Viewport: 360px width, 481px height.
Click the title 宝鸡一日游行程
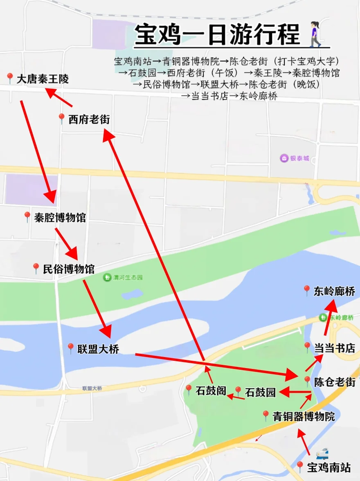pyautogui.click(x=217, y=35)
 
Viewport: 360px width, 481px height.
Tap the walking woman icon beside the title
pyautogui.click(x=315, y=34)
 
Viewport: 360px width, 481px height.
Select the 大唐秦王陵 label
pyautogui.click(x=42, y=79)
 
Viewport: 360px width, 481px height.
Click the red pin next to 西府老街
pyautogui.click(x=61, y=119)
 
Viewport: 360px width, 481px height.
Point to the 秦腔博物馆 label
pyautogui.click(x=60, y=218)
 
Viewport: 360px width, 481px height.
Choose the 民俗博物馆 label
pyautogui.click(x=68, y=269)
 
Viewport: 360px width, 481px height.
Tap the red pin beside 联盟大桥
pyautogui.click(x=70, y=348)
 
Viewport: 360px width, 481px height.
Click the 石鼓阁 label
pyautogui.click(x=211, y=391)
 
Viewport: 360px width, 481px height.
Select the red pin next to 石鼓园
pyautogui.click(x=238, y=391)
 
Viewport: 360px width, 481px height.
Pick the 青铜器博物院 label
pyautogui.click(x=304, y=416)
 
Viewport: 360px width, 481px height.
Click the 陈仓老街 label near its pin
pyautogui.click(x=334, y=382)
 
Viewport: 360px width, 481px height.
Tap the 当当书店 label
pyautogui.click(x=334, y=348)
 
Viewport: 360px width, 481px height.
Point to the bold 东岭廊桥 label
pyautogui.click(x=334, y=291)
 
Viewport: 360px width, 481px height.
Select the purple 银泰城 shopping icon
pyautogui.click(x=283, y=158)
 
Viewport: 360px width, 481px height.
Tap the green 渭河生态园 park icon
pyautogui.click(x=107, y=277)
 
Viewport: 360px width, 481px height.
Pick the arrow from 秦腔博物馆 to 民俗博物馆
pyautogui.click(x=66, y=244)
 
